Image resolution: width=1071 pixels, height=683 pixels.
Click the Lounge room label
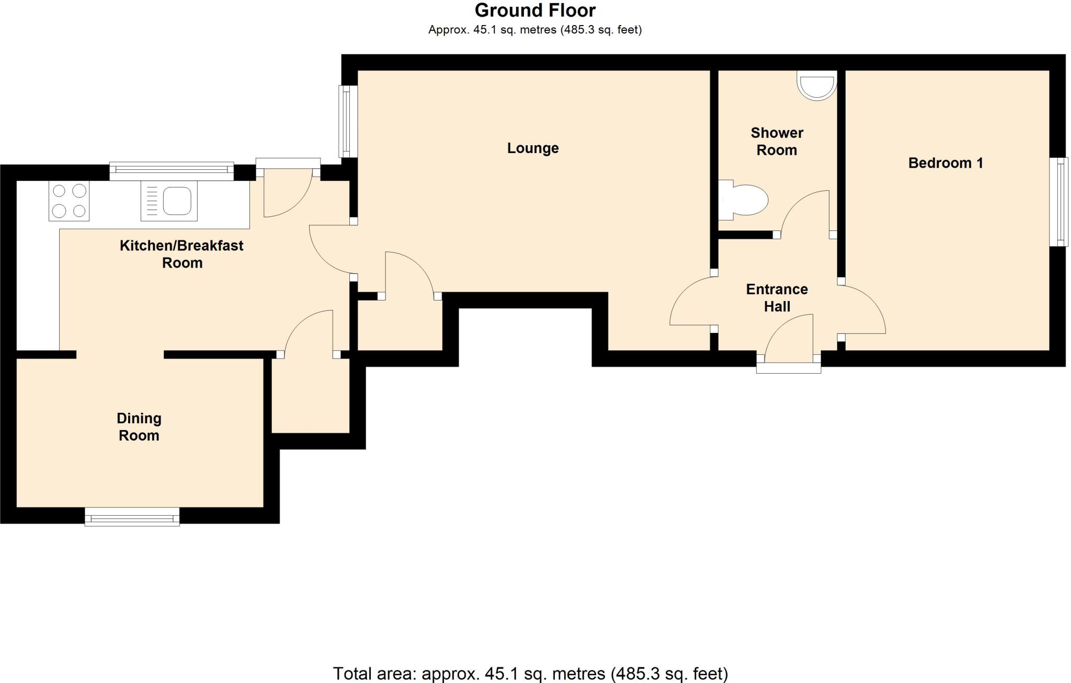click(x=532, y=148)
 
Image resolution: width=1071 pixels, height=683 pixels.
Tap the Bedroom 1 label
click(x=945, y=163)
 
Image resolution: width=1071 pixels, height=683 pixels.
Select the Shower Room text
click(x=777, y=142)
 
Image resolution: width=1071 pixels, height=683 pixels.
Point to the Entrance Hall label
click(x=777, y=298)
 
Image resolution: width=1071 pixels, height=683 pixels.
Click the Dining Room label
click(x=139, y=427)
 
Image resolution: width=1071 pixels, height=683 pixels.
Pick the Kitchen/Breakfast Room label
click(x=181, y=254)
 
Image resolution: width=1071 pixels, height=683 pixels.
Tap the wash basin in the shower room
click(x=816, y=85)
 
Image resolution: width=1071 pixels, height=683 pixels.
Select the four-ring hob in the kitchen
click(x=69, y=201)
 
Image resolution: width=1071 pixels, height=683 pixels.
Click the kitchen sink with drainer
click(x=169, y=201)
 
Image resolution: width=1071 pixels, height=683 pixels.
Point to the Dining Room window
click(x=132, y=517)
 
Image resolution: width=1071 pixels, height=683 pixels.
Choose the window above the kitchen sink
click(x=171, y=171)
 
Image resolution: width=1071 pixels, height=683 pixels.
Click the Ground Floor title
click(x=534, y=10)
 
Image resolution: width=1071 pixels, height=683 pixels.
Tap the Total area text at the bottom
click(x=530, y=673)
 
